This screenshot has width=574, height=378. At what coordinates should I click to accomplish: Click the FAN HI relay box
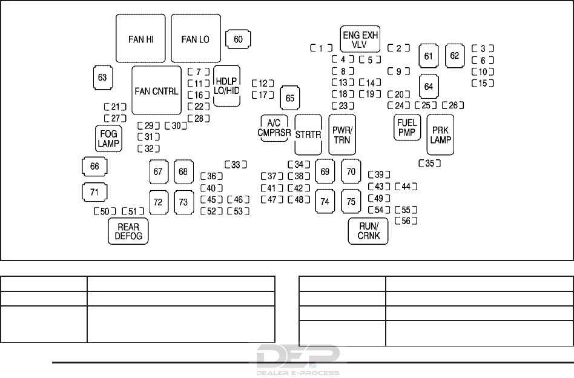[140, 38]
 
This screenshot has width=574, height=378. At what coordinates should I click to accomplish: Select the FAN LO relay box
[196, 38]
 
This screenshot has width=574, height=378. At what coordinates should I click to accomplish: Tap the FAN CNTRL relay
[157, 90]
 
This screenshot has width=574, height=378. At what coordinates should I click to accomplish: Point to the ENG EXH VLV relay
[360, 39]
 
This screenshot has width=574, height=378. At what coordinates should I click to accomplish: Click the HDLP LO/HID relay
[227, 85]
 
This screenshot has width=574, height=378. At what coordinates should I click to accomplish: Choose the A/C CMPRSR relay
[274, 128]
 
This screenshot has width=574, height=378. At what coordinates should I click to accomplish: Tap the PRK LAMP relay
[440, 134]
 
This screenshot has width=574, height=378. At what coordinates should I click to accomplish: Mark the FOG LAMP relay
[109, 139]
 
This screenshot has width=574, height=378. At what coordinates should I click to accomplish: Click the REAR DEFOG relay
[128, 231]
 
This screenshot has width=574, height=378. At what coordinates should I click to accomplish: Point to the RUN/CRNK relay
[368, 231]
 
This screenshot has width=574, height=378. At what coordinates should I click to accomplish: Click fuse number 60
[238, 39]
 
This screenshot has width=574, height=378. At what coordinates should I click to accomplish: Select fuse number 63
[102, 77]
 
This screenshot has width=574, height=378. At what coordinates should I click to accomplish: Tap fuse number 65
[291, 98]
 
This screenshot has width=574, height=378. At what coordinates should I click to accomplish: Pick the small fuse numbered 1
[321, 48]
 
